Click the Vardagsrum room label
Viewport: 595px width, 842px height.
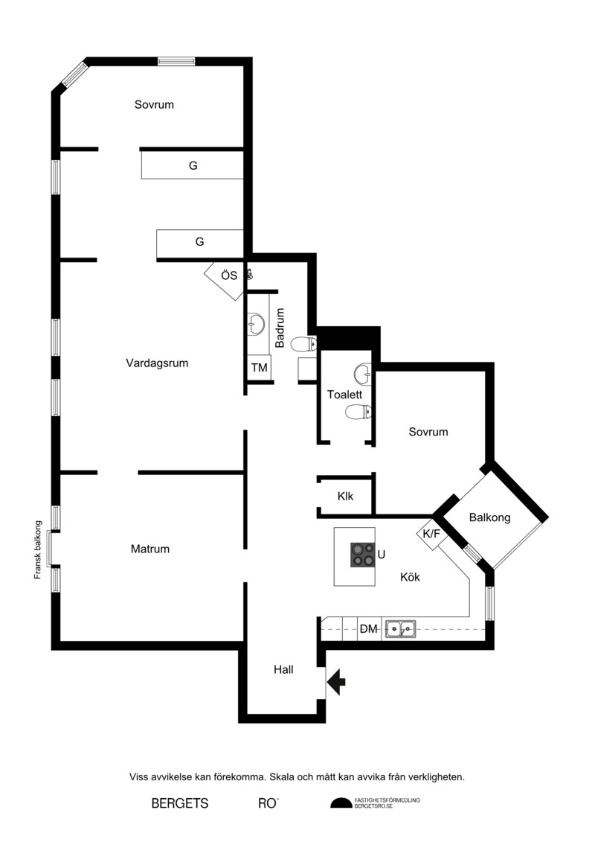(157, 363)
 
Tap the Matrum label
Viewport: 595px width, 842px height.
(150, 549)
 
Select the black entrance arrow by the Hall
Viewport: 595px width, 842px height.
(336, 683)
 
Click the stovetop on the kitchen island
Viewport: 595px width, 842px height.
(363, 555)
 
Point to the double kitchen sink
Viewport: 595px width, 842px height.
(401, 628)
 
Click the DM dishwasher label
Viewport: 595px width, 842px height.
(369, 629)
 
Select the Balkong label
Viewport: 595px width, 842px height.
(489, 517)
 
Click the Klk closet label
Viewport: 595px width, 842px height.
(346, 496)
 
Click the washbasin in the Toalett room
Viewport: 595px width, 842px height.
(363, 371)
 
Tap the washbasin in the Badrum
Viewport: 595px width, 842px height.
(256, 325)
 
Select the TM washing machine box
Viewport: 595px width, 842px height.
(259, 368)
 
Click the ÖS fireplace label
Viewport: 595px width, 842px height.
(229, 275)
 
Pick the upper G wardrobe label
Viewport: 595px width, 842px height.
(193, 166)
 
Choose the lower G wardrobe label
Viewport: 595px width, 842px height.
(199, 242)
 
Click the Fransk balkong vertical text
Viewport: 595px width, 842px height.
(37, 549)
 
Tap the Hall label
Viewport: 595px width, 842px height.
(283, 669)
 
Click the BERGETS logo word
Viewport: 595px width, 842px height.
(180, 803)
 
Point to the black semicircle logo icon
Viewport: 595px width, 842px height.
(341, 803)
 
